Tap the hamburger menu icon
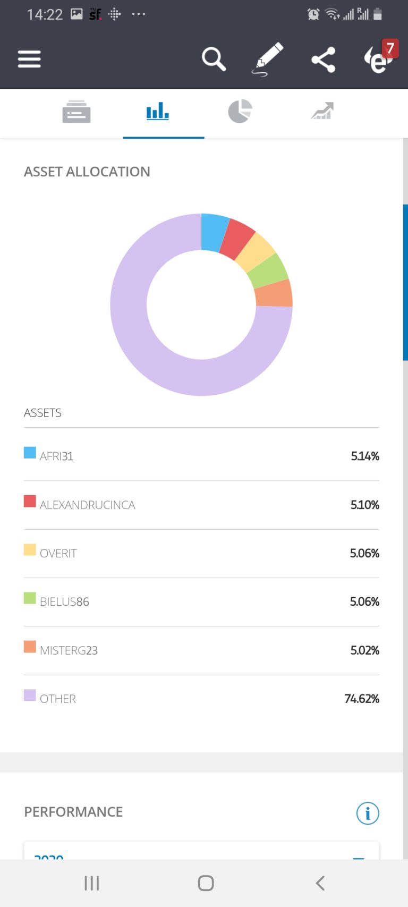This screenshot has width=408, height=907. tap(29, 59)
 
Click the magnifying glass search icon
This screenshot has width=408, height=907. tap(214, 59)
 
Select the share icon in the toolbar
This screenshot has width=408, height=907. tap(323, 59)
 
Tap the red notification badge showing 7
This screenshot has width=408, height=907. tap(390, 48)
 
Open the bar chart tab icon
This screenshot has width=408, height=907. tap(158, 112)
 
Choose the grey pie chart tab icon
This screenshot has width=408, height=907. tap(240, 112)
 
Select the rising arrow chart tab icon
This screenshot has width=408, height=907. tap(322, 112)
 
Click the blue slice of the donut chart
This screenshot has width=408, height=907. tap(214, 232)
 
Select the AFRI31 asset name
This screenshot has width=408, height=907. tap(56, 456)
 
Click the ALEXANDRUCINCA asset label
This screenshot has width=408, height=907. tap(88, 505)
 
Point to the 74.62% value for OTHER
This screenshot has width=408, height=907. tap(362, 699)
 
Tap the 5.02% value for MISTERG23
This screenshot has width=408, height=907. tap(364, 650)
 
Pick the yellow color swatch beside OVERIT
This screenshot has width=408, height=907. tap(30, 550)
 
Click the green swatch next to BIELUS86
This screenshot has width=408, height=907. tap(30, 598)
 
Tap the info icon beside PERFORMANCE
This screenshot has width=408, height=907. tap(368, 813)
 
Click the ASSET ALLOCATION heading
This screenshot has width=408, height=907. tap(87, 172)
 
